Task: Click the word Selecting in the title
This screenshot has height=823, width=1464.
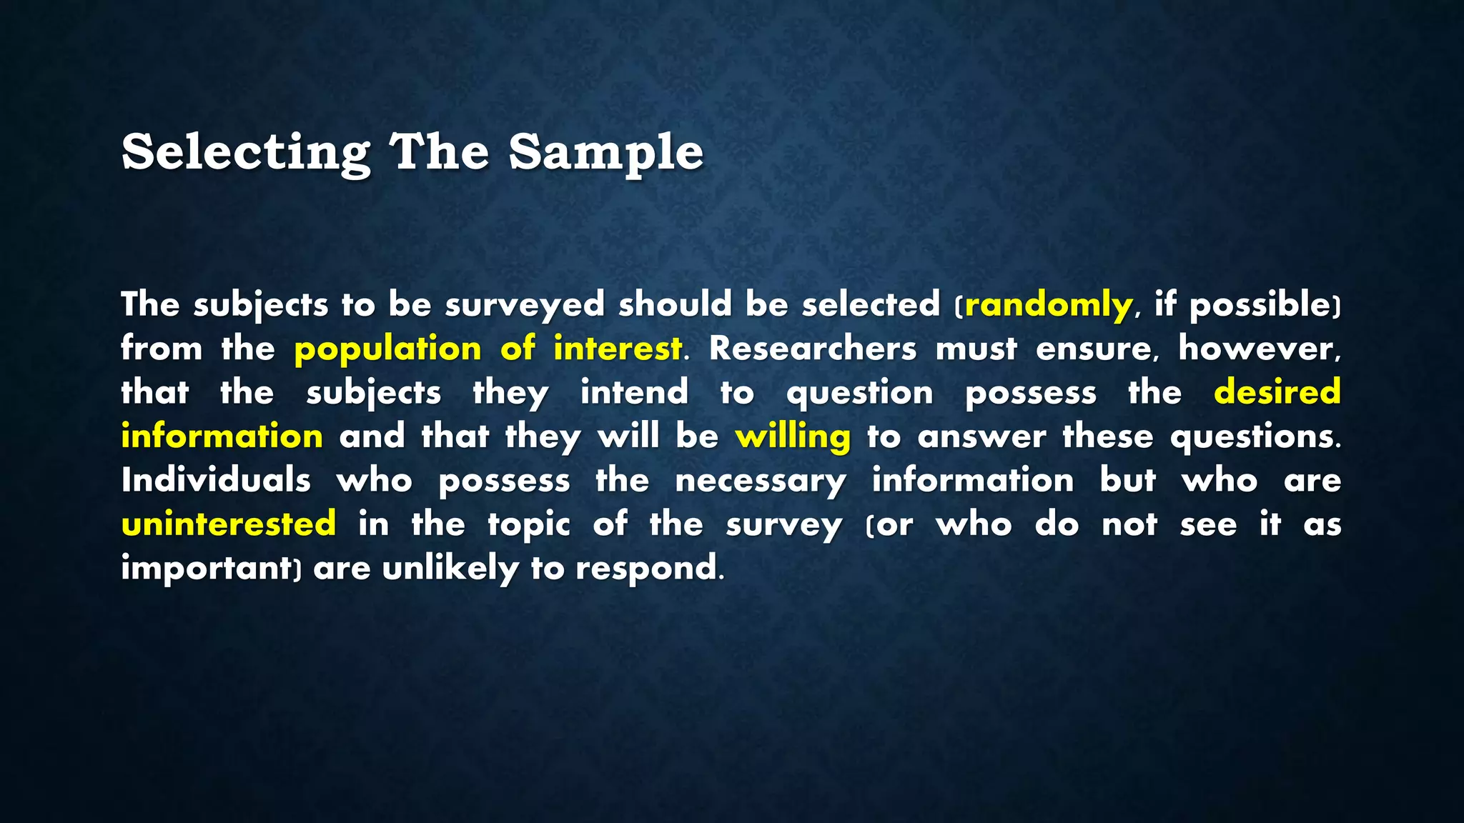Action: click(x=245, y=152)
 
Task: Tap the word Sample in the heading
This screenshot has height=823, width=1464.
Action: click(x=605, y=152)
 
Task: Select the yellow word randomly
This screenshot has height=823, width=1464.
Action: click(x=1048, y=305)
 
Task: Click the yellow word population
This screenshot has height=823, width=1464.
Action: click(x=387, y=349)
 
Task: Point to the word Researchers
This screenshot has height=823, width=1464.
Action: click(x=812, y=349)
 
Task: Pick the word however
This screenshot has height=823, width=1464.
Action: click(x=1258, y=349)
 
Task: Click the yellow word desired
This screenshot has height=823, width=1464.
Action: click(x=1277, y=393)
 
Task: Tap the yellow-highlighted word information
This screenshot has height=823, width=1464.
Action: click(x=222, y=437)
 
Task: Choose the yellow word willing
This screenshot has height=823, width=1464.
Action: click(x=793, y=437)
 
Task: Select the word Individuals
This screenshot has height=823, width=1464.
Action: click(x=216, y=480)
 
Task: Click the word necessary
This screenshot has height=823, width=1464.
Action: click(x=761, y=480)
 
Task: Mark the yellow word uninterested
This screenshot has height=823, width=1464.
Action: click(x=229, y=524)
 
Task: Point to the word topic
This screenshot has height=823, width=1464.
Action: click(x=528, y=524)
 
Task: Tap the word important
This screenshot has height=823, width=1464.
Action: click(x=207, y=569)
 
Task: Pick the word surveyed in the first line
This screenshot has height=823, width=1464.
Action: click(x=525, y=305)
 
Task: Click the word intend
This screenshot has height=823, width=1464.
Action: click(x=634, y=393)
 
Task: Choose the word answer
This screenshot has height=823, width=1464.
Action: click(x=981, y=437)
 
